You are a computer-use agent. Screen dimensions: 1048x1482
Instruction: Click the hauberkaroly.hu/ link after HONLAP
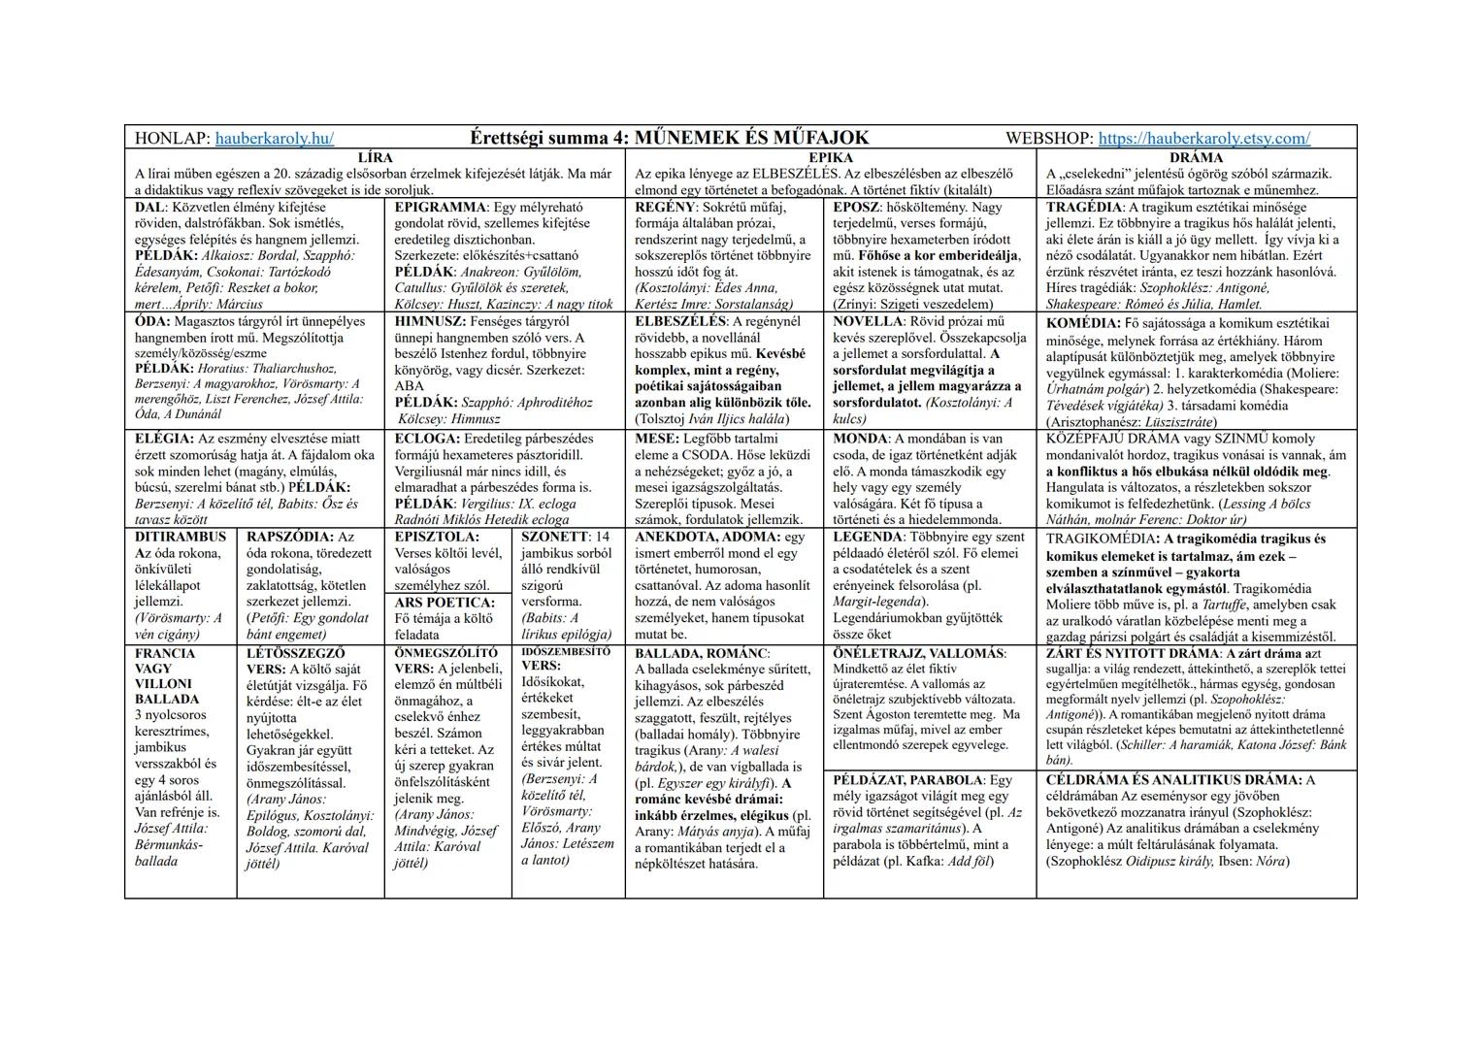[275, 139]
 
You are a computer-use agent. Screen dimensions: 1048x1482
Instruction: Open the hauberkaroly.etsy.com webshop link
[1203, 139]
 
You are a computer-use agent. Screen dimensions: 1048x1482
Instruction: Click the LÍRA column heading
[375, 157]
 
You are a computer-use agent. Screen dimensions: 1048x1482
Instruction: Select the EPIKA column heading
[830, 157]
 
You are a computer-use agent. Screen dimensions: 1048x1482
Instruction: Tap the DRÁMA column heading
[1196, 157]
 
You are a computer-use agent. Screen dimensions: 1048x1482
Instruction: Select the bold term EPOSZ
[854, 208]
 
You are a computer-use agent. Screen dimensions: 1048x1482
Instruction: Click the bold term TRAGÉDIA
[1082, 208]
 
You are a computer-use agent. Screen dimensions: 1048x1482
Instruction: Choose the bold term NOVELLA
[868, 321]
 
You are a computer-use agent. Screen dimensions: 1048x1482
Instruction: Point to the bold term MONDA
[859, 439]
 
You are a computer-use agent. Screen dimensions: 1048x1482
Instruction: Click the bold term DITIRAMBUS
[181, 537]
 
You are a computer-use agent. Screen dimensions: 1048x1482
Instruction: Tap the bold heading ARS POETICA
[445, 603]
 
